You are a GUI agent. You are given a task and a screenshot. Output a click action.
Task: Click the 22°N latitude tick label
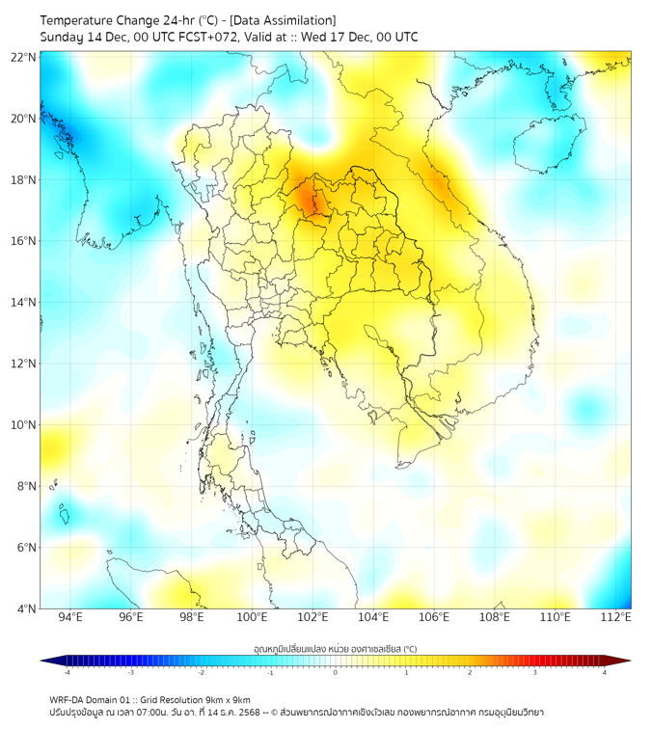pos(24,58)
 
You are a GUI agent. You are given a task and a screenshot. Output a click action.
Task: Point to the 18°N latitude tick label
pos(24,180)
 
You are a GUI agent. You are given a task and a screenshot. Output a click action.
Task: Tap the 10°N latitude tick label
pos(24,425)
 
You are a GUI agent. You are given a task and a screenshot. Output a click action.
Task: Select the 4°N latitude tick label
pos(26,609)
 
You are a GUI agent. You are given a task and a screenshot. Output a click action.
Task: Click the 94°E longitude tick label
pos(70,617)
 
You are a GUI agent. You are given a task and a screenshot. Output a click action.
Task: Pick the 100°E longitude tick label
pos(252,617)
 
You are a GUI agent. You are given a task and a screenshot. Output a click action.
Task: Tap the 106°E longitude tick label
pos(434,617)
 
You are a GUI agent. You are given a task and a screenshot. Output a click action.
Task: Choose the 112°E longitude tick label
pos(615,617)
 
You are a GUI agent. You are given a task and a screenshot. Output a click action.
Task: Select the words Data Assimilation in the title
pos(286,20)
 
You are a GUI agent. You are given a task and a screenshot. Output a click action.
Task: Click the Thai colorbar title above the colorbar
pos(335,648)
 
